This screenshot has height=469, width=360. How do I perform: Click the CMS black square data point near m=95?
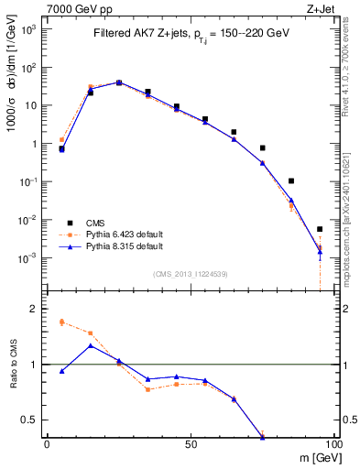click(x=320, y=229)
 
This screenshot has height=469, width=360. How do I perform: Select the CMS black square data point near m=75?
click(x=263, y=147)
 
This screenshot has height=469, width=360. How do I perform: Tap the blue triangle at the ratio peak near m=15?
click(x=90, y=345)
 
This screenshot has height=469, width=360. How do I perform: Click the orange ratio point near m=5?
click(x=61, y=322)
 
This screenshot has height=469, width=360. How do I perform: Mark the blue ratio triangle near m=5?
click(x=61, y=371)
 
